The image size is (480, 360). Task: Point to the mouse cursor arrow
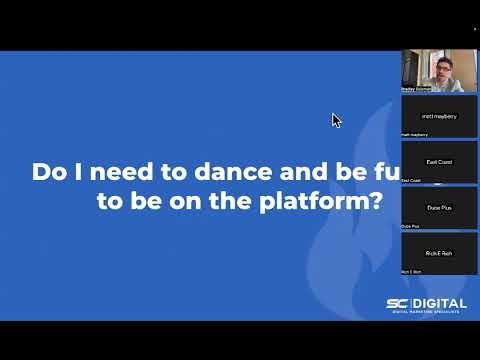(336, 120)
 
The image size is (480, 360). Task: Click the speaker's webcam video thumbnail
(438, 72)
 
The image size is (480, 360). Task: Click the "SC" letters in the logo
(398, 304)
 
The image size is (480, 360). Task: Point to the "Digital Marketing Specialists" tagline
(424, 315)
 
